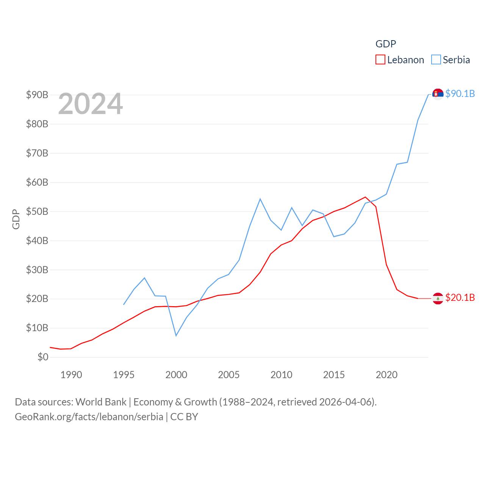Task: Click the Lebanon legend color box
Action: click(x=380, y=60)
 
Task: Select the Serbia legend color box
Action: click(x=436, y=60)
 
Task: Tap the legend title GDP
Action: click(x=386, y=44)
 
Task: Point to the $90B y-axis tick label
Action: click(x=37, y=95)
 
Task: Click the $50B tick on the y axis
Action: click(x=37, y=211)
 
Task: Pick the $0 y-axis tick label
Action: click(x=43, y=357)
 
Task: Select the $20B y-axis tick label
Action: click(x=37, y=299)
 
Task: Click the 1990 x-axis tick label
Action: click(x=71, y=375)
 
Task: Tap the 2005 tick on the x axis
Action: click(x=228, y=375)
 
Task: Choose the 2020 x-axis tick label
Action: click(x=386, y=375)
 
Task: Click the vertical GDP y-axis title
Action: click(x=16, y=219)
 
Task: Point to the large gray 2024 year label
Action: click(x=91, y=104)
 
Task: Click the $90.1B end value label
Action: click(x=460, y=94)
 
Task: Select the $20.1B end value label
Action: click(x=460, y=297)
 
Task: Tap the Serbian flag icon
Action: click(x=438, y=94)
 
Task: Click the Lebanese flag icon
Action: click(x=438, y=299)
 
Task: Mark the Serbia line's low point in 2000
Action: click(x=176, y=335)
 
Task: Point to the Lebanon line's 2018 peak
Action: click(x=365, y=197)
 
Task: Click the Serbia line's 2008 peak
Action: click(x=260, y=199)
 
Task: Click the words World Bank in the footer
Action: click(x=101, y=402)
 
